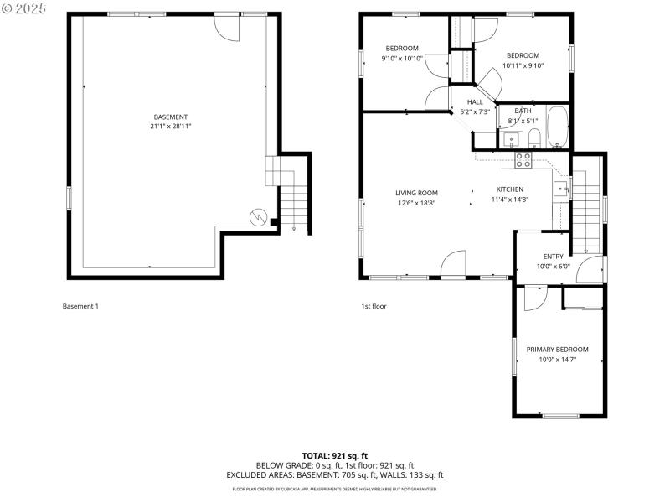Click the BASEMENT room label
pyautogui.click(x=170, y=117)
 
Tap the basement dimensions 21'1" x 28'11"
pyautogui.click(x=170, y=126)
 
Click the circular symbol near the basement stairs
pyautogui.click(x=260, y=217)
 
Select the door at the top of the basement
pyautogui.click(x=228, y=26)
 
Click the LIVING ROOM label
pyautogui.click(x=416, y=193)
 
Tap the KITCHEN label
pyautogui.click(x=509, y=189)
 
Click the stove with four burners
pyautogui.click(x=523, y=158)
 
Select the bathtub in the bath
pyautogui.click(x=557, y=127)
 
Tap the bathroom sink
pyautogui.click(x=514, y=139)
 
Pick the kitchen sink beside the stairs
pyautogui.click(x=560, y=188)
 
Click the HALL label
pyautogui.click(x=475, y=102)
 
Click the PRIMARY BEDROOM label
pyautogui.click(x=557, y=350)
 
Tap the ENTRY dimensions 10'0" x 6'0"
pyautogui.click(x=553, y=267)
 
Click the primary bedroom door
pyautogui.click(x=534, y=298)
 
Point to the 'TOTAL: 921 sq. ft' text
pyautogui.click(x=334, y=454)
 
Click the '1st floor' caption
pyautogui.click(x=374, y=306)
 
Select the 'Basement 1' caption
pyautogui.click(x=80, y=306)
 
